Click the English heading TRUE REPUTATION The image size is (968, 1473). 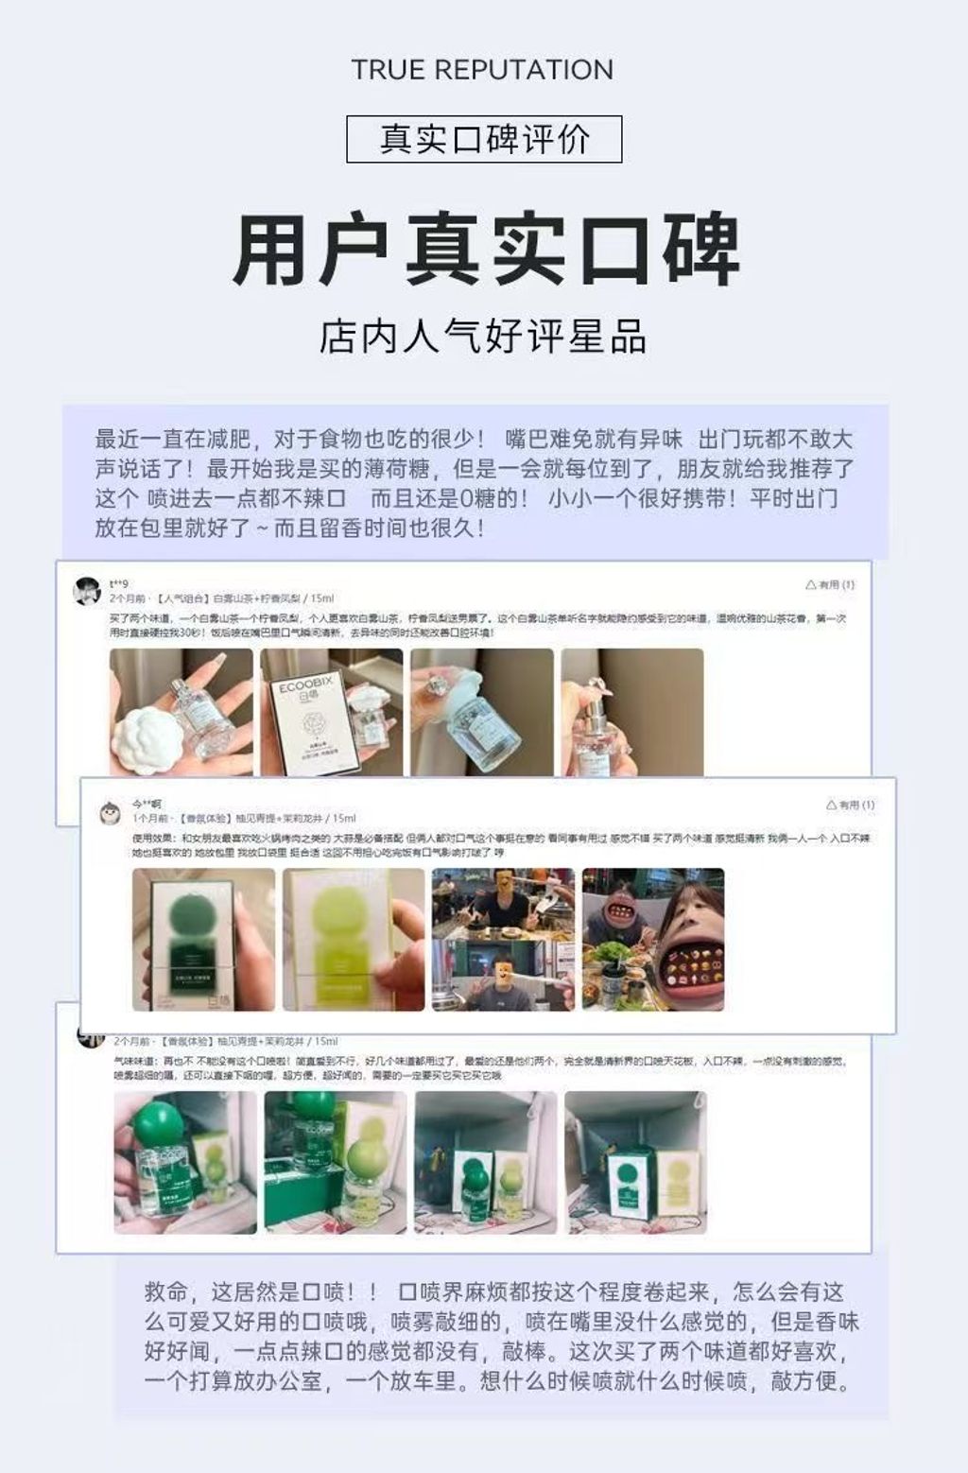click(482, 70)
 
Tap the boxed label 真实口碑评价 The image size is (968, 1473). click(484, 139)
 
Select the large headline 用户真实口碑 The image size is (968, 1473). click(484, 251)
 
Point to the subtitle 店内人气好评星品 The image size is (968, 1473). click(483, 337)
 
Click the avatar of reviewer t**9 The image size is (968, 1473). click(88, 591)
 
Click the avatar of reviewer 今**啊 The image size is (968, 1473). click(111, 811)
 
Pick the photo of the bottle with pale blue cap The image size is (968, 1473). click(481, 712)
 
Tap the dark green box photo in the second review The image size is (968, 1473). click(203, 939)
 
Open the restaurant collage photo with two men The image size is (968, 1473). click(503, 939)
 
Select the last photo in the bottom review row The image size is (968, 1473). click(635, 1162)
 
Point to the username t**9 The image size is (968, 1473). click(118, 584)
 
